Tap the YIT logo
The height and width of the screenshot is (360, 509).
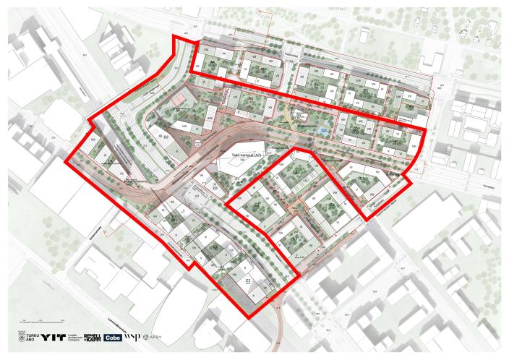click(53, 337)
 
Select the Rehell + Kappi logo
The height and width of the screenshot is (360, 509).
click(92, 337)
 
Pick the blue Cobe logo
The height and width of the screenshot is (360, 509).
click(113, 337)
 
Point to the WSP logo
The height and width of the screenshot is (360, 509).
click(132, 337)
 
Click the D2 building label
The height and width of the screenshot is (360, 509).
click(166, 135)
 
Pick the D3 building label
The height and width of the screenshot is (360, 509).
click(215, 187)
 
